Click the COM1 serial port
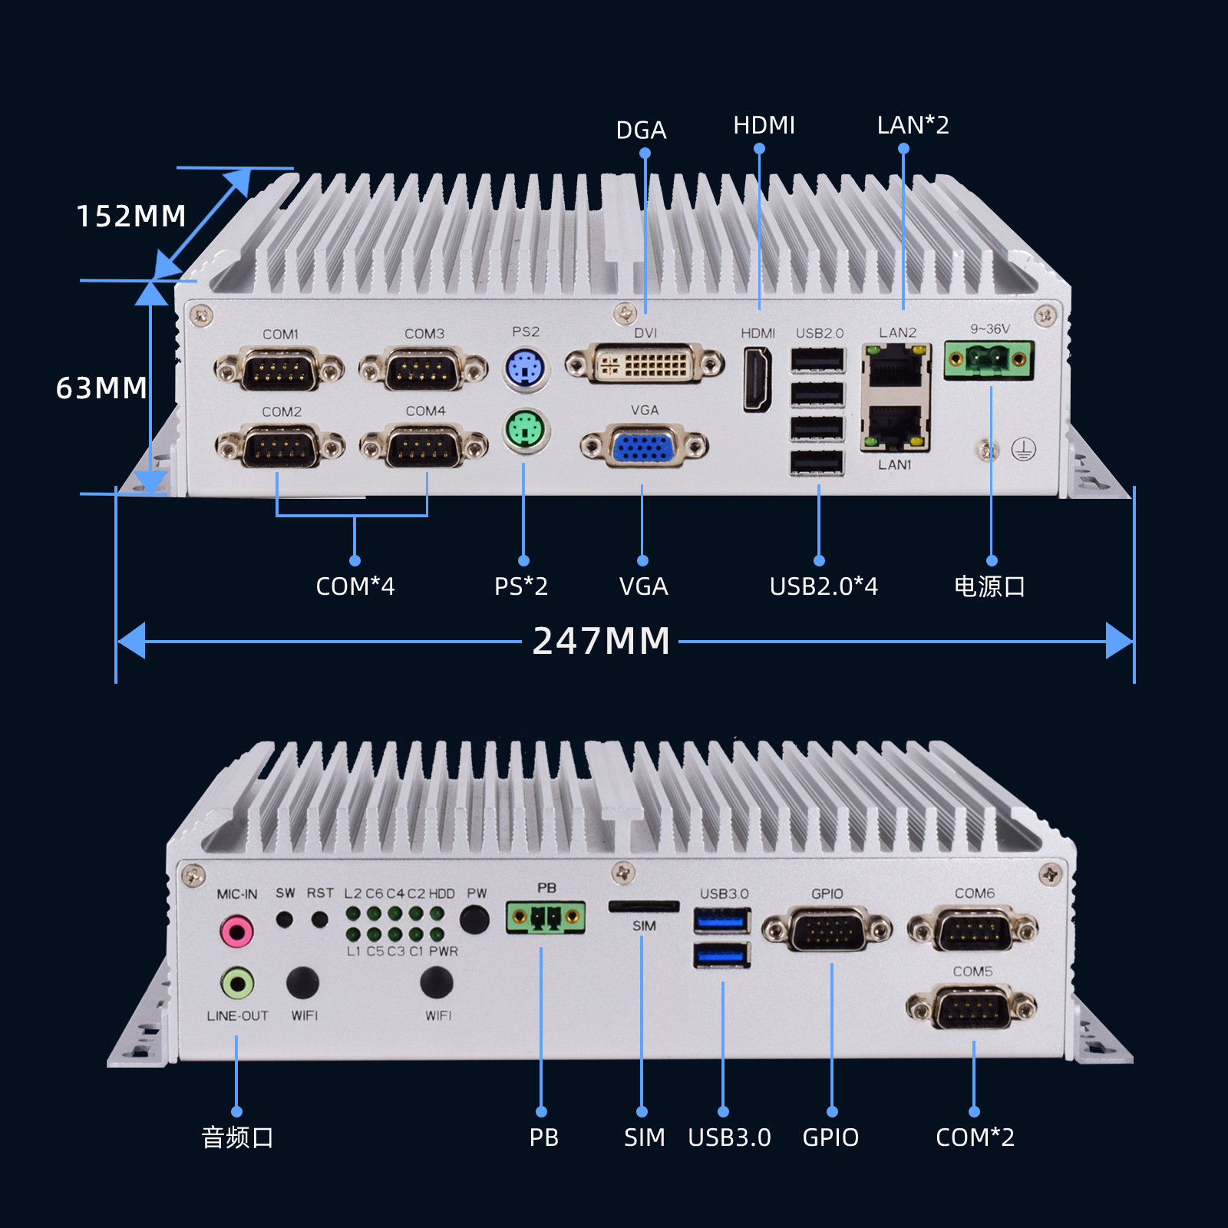pyautogui.click(x=279, y=370)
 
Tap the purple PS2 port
pyautogui.click(x=526, y=369)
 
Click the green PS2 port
pyautogui.click(x=526, y=431)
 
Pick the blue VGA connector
pyautogui.click(x=644, y=446)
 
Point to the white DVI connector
pyautogui.click(x=645, y=364)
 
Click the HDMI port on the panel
pyautogui.click(x=758, y=379)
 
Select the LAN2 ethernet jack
pyautogui.click(x=895, y=367)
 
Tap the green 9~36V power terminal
pyautogui.click(x=989, y=359)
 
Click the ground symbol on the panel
pyautogui.click(x=1023, y=450)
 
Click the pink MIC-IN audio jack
pyautogui.click(x=236, y=932)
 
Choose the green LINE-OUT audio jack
pyautogui.click(x=237, y=982)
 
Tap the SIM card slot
pyautogui.click(x=644, y=907)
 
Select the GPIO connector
pyautogui.click(x=827, y=930)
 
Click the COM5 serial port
pyautogui.click(x=972, y=1007)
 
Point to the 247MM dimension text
pyautogui.click(x=602, y=642)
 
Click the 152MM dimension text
pyautogui.click(x=131, y=216)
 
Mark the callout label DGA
pyautogui.click(x=641, y=130)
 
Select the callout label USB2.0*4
pyautogui.click(x=824, y=586)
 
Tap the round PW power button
pyautogui.click(x=475, y=919)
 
